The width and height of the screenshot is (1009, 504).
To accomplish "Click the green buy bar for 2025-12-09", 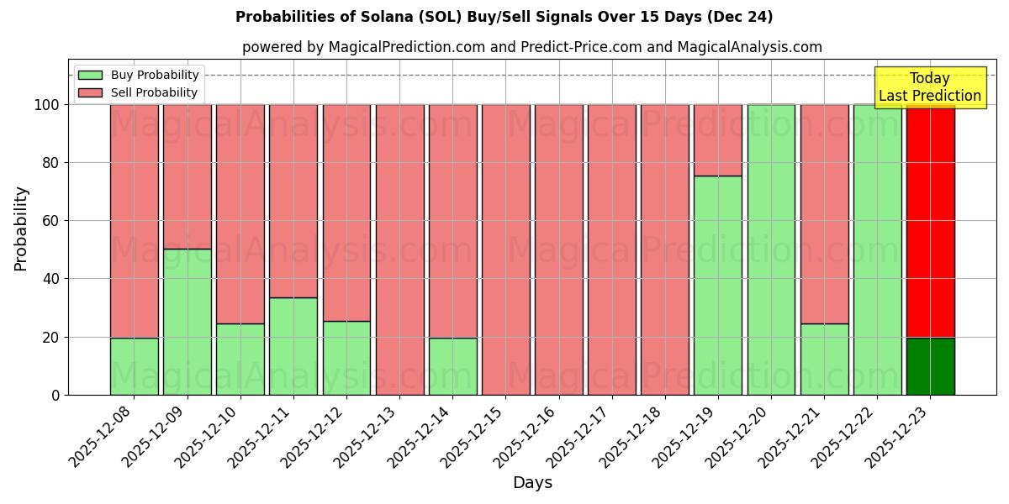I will [x=188, y=322].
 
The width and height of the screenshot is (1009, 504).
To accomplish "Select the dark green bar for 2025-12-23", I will [x=930, y=366].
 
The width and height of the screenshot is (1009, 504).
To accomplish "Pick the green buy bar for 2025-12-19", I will [x=718, y=286].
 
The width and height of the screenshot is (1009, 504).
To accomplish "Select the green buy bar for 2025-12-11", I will [x=293, y=346].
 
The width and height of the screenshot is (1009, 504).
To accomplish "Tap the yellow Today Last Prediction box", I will [x=930, y=87].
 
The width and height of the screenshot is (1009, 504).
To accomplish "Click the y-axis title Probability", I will [x=21, y=228].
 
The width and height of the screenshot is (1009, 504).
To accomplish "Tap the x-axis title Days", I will [x=532, y=483].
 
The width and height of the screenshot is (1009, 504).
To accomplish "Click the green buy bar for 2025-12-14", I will [x=453, y=366].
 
